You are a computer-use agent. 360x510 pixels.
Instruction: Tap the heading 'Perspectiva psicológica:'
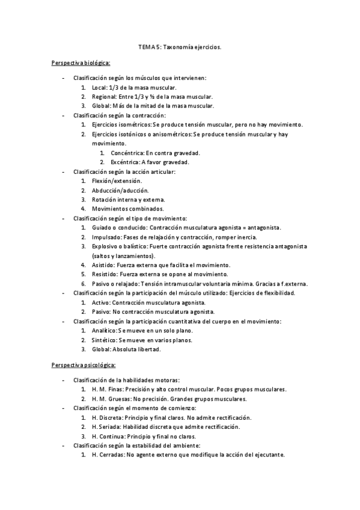coord(84,364)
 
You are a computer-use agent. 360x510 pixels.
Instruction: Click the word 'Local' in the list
coord(99,88)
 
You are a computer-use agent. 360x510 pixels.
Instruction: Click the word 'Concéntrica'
coord(127,153)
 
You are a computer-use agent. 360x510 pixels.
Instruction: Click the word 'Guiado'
coord(102,227)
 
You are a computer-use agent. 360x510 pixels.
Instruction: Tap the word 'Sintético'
coord(105,339)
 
